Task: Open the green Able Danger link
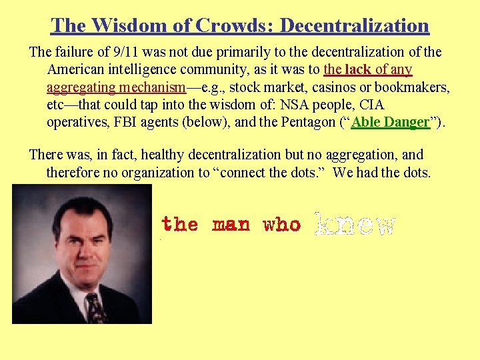390,123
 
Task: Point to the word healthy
161,155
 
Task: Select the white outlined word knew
355,225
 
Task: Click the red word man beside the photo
231,225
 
